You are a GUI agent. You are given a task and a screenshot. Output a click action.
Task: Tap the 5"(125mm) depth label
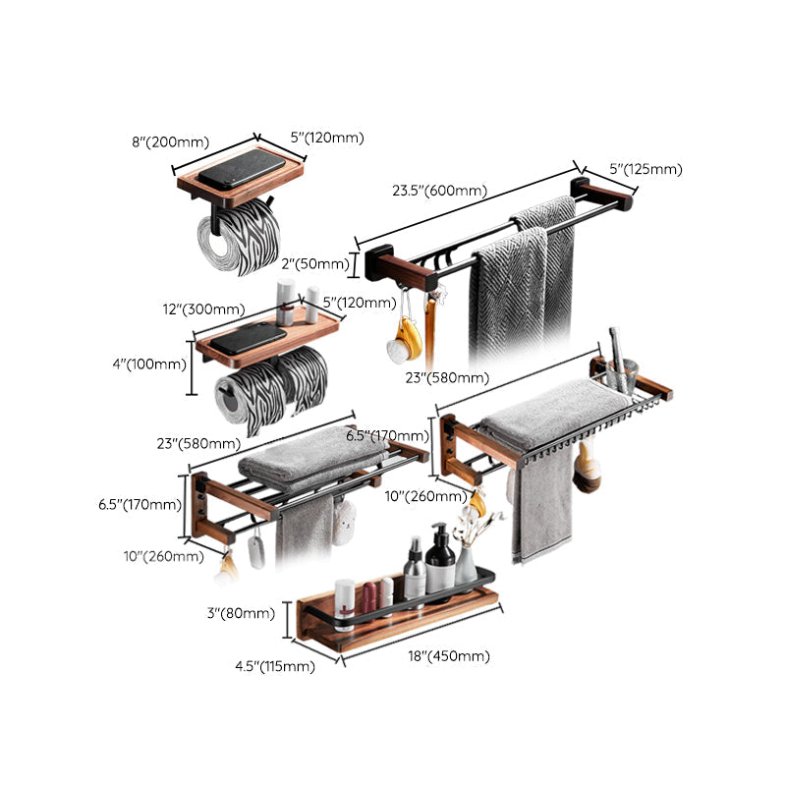(646, 169)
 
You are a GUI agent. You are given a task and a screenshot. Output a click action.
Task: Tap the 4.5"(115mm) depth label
(273, 666)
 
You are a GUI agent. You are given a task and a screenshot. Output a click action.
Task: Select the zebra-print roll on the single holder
(240, 238)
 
